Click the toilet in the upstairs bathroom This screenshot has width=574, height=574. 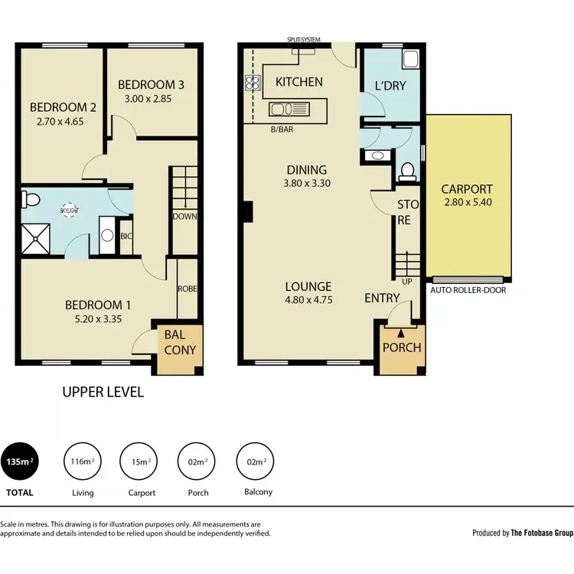pyautogui.click(x=31, y=201)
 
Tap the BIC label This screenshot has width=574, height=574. pyautogui.click(x=127, y=236)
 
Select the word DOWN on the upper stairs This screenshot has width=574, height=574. pyautogui.click(x=185, y=216)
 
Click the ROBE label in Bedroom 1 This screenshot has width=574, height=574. pyautogui.click(x=188, y=290)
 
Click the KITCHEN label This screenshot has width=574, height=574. pyautogui.click(x=298, y=82)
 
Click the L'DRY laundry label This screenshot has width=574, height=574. pyautogui.click(x=390, y=86)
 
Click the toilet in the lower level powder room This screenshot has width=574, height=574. pyautogui.click(x=408, y=169)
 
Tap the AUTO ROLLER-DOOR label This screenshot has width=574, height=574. pyautogui.click(x=468, y=291)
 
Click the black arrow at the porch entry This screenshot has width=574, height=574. pyautogui.click(x=400, y=332)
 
